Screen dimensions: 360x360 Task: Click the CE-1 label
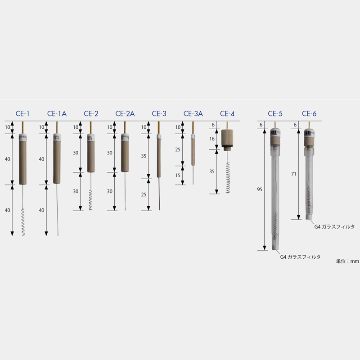click(22, 114)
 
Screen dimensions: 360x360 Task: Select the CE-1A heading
click(57, 114)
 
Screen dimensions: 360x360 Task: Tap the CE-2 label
click(91, 114)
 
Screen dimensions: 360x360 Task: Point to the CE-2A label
click(125, 114)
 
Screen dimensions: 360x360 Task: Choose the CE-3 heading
click(159, 114)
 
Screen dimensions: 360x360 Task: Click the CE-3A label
click(193, 114)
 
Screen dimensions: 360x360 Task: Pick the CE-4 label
click(227, 114)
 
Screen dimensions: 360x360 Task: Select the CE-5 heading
click(275, 114)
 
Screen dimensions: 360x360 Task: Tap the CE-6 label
click(309, 114)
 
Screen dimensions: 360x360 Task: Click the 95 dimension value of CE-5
click(260, 189)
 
